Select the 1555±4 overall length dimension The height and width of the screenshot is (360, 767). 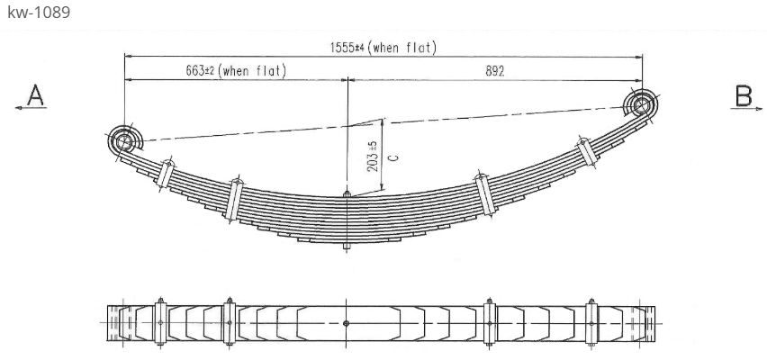(383, 48)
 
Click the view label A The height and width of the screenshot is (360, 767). (35, 95)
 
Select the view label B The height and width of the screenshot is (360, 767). (744, 95)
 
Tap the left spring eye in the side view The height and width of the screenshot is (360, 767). (124, 141)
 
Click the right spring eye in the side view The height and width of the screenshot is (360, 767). (641, 105)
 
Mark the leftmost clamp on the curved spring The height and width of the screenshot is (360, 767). (165, 173)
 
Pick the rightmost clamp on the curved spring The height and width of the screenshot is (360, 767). (587, 152)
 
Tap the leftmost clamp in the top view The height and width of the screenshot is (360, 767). (160, 322)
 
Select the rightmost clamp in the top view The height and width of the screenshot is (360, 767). (591, 322)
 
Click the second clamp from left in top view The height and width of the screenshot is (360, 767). (230, 322)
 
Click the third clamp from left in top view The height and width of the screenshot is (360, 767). (490, 322)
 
